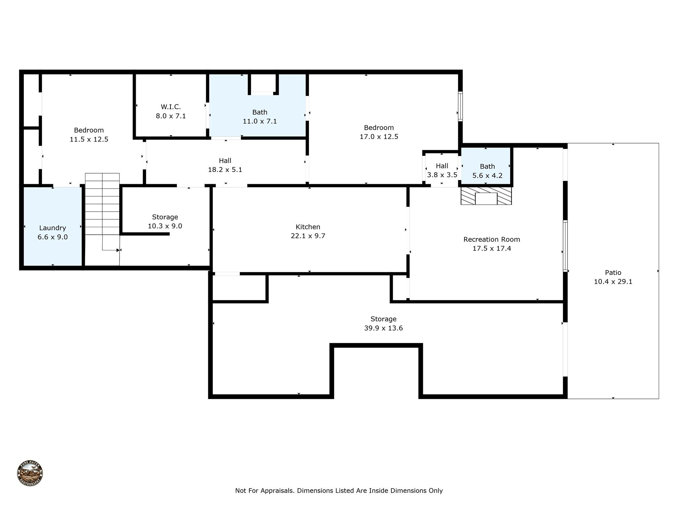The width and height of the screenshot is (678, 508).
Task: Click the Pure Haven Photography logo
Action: (30, 473)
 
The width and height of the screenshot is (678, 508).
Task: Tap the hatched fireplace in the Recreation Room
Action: (486, 196)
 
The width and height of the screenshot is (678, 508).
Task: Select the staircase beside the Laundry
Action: (102, 219)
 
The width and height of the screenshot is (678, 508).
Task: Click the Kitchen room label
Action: (308, 227)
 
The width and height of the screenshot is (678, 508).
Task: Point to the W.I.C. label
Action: (171, 107)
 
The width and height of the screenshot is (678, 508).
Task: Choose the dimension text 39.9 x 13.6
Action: (383, 328)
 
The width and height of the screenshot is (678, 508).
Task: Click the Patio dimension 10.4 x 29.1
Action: (613, 282)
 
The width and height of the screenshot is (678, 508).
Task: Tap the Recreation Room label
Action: (492, 239)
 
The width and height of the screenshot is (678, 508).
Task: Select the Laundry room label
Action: (53, 228)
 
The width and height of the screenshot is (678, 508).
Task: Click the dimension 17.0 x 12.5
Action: (379, 137)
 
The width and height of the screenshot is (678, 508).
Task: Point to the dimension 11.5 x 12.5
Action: (89, 139)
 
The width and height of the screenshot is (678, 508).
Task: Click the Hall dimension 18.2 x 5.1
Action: (225, 170)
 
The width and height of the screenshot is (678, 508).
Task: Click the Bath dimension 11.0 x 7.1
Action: (260, 121)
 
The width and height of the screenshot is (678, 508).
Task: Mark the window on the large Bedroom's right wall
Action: (460, 106)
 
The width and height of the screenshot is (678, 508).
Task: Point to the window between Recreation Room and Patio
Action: (565, 246)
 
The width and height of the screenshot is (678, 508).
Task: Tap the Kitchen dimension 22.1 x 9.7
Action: (308, 236)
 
